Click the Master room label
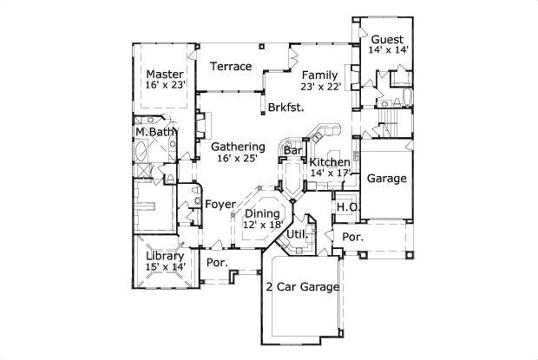click(163, 74)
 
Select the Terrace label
click(232, 67)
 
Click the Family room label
click(320, 74)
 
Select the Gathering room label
click(238, 147)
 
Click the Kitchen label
click(330, 162)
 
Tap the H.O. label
click(347, 207)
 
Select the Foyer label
click(220, 204)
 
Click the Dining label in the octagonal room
click(263, 213)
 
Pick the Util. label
click(298, 234)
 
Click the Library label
click(163, 256)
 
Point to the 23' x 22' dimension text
click(320, 86)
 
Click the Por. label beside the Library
click(216, 262)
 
